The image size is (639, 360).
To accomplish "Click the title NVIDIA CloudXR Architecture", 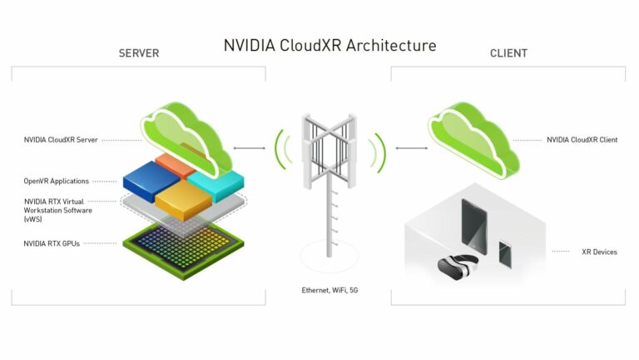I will pyautogui.click(x=329, y=45).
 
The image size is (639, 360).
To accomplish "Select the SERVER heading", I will pyautogui.click(x=139, y=53).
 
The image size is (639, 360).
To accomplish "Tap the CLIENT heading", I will pyautogui.click(x=508, y=53).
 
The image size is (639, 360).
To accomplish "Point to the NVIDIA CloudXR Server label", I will pyautogui.click(x=61, y=140).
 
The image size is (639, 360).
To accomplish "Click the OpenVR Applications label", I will pyautogui.click(x=57, y=181).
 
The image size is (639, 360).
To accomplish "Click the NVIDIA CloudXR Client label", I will pyautogui.click(x=582, y=140).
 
